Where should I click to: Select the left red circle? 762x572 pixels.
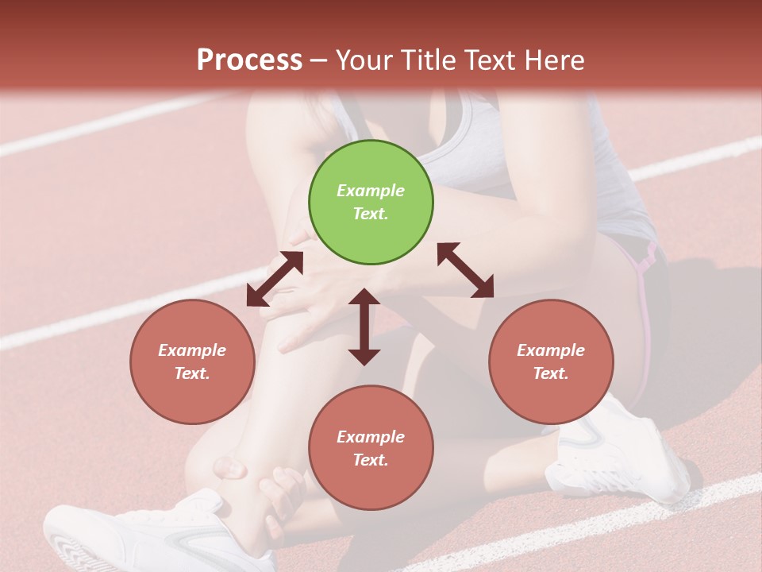pos(192,361)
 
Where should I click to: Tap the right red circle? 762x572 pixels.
pos(551,361)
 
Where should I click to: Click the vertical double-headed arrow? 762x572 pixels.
pos(364,327)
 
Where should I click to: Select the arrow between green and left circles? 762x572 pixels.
pos(275,279)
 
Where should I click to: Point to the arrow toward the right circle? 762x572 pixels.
pos(466,270)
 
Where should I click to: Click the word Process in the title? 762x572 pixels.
pos(249,60)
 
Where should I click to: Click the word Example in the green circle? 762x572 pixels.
pos(371,191)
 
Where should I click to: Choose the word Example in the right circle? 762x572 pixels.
pos(551,350)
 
